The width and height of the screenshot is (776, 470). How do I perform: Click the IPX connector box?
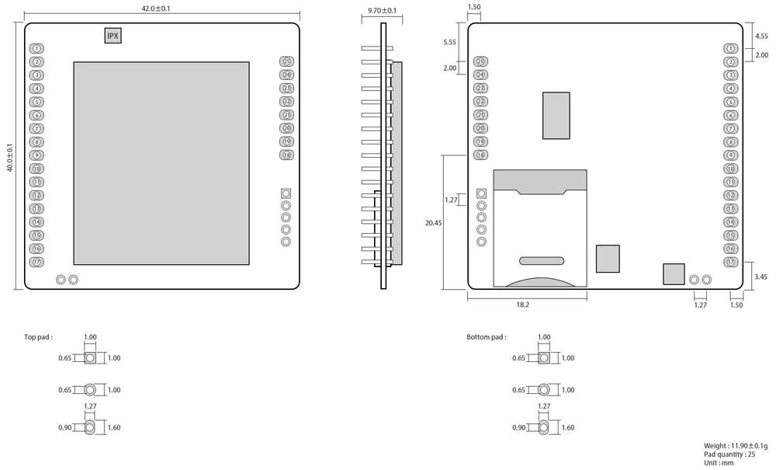[113, 36]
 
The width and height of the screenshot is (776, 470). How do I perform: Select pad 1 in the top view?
[37, 49]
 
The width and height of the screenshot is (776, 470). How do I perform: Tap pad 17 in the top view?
[37, 262]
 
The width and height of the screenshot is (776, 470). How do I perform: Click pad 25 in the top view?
[287, 62]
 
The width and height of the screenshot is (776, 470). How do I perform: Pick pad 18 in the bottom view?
[481, 155]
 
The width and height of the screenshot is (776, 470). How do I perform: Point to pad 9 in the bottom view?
[731, 155]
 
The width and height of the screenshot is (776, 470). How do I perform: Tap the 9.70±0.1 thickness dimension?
[382, 11]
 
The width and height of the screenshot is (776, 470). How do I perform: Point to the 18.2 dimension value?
[522, 305]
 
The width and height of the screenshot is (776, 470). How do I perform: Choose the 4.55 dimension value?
[761, 36]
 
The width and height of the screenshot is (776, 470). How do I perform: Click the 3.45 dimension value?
[761, 276]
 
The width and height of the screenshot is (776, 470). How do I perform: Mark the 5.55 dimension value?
[449, 43]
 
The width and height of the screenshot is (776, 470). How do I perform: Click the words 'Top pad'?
[38, 338]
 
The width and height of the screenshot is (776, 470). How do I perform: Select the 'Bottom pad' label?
[487, 338]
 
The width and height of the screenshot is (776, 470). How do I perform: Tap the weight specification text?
[735, 445]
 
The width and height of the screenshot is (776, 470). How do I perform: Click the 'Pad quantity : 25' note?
[729, 454]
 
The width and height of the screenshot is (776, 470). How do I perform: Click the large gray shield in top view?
[161, 162]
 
